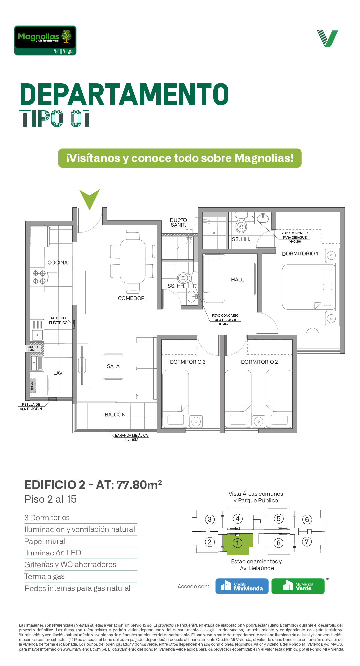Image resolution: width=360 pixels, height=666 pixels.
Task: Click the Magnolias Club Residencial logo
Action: (x=45, y=40)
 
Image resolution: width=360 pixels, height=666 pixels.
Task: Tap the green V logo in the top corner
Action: (x=327, y=38)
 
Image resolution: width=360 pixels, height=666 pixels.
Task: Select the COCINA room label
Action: (x=58, y=263)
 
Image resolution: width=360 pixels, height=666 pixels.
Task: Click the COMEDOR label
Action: (x=131, y=298)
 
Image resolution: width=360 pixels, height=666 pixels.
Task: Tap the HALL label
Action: (x=237, y=280)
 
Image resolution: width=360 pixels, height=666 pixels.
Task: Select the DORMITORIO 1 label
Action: (x=300, y=254)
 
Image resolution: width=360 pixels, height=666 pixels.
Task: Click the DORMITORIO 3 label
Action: (x=188, y=362)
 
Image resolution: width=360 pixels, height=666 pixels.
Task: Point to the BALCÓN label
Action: (x=115, y=415)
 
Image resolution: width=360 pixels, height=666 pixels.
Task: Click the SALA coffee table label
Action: (x=113, y=366)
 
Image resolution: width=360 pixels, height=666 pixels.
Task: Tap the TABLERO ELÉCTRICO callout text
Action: (x=58, y=320)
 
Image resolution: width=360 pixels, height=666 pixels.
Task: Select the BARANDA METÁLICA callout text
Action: (x=131, y=437)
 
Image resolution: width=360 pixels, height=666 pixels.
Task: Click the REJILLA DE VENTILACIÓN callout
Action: (x=31, y=407)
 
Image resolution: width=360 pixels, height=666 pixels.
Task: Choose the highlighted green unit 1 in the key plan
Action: (x=238, y=544)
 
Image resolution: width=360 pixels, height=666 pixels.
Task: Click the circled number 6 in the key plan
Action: (x=307, y=520)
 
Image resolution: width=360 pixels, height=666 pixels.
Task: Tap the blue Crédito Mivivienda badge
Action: (x=242, y=586)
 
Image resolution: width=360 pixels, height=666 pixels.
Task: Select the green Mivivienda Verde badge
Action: (x=298, y=586)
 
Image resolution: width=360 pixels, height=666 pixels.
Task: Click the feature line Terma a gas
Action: (x=45, y=577)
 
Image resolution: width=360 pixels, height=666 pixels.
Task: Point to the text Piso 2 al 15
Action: (x=51, y=499)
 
